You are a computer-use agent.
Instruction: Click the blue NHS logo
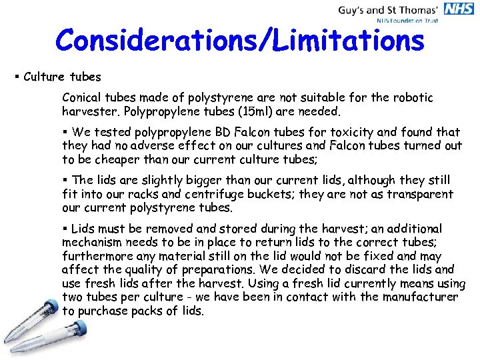(x=460, y=9)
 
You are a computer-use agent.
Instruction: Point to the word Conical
(x=83, y=97)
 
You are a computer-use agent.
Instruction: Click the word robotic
(x=412, y=97)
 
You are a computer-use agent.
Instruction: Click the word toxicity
(x=373, y=132)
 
